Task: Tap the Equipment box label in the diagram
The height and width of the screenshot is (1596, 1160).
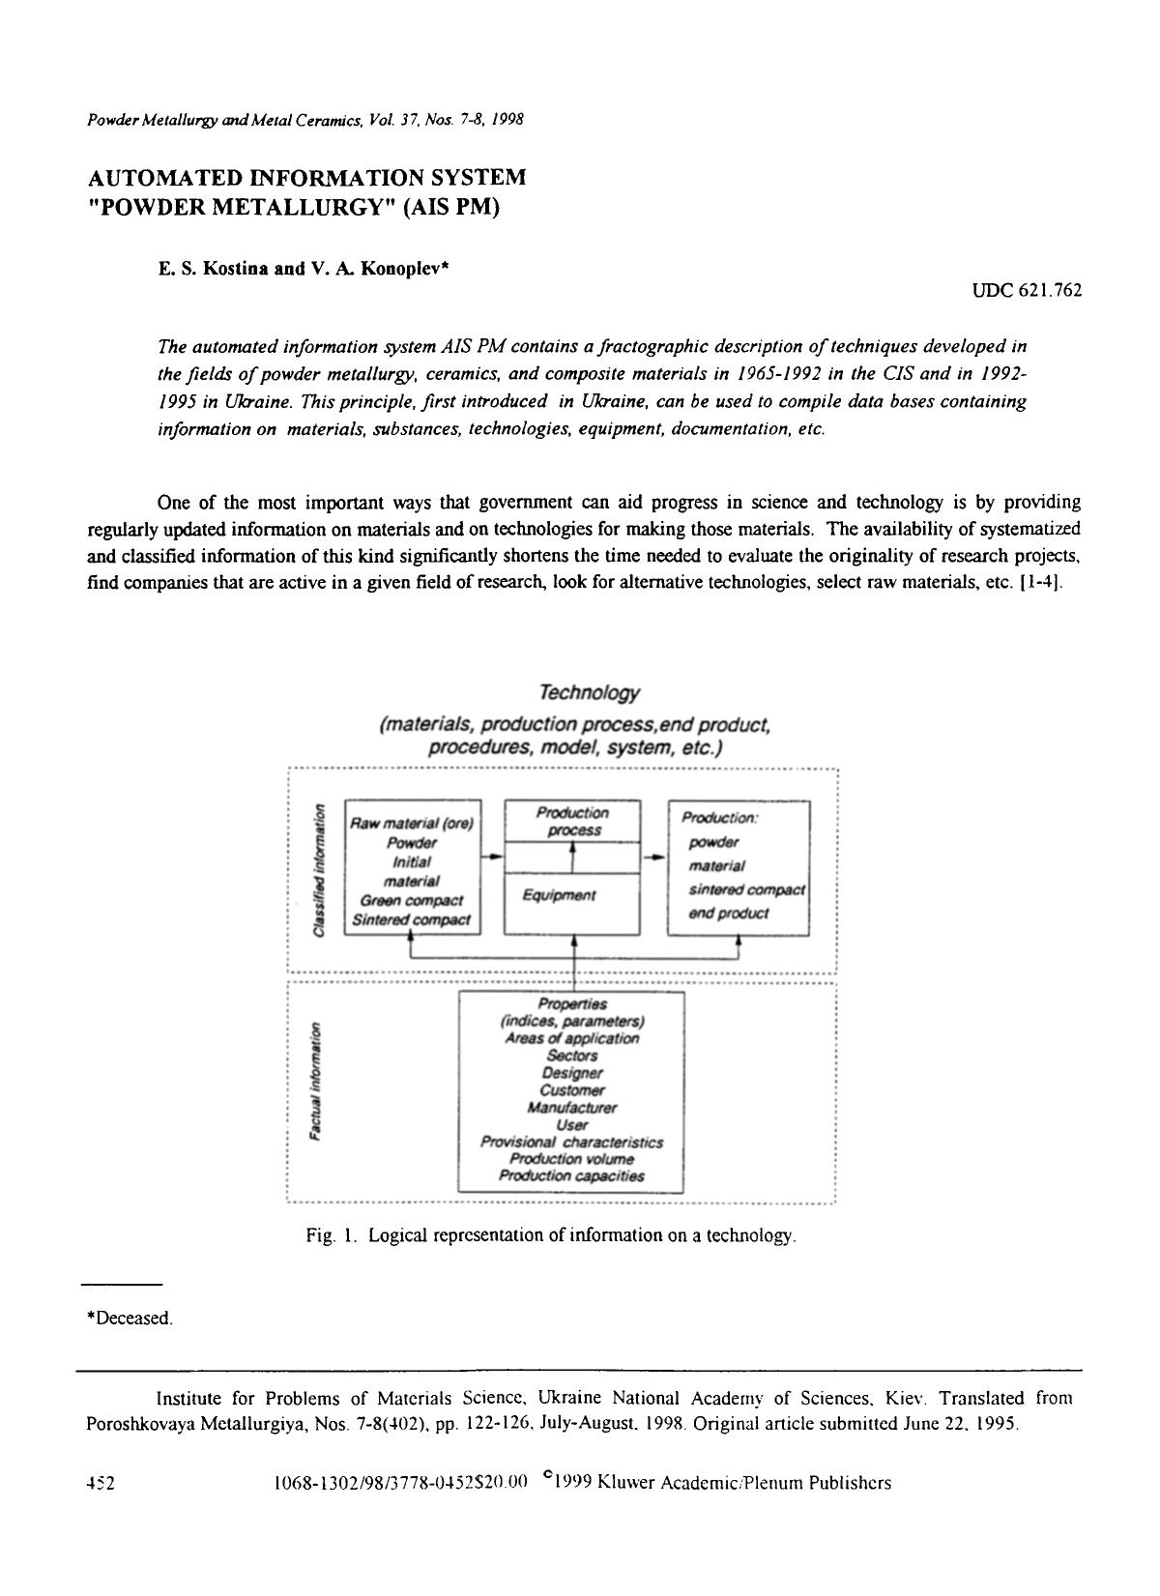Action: (559, 896)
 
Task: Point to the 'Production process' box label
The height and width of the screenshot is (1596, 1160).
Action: (572, 822)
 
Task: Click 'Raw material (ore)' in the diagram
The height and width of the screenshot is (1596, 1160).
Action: (412, 825)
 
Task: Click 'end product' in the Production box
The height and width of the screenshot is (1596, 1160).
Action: (729, 914)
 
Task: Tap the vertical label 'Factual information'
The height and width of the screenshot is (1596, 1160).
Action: (314, 1084)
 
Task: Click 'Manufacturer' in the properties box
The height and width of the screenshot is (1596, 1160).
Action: (572, 1108)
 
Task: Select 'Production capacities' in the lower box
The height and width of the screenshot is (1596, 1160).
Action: (571, 1176)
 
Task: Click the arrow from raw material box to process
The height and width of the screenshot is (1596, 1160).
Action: (493, 856)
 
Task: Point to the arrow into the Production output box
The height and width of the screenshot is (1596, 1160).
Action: (655, 856)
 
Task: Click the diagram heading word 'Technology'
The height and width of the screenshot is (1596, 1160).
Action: (576, 693)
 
